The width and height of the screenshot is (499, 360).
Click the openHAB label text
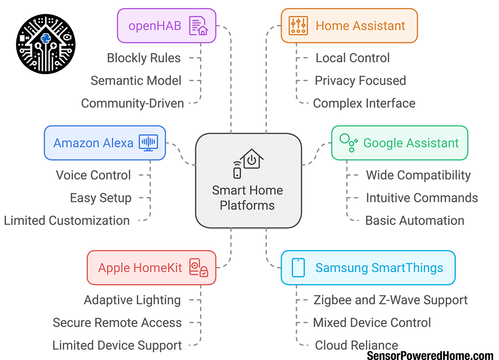tap(155, 26)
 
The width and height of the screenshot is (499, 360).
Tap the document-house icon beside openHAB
tap(198, 26)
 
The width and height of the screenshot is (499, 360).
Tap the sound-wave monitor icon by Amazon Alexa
tap(148, 143)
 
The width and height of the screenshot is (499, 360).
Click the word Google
tap(382, 143)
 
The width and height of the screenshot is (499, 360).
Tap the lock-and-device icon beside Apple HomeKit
tap(199, 268)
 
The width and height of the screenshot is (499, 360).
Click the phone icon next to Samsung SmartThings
tap(298, 267)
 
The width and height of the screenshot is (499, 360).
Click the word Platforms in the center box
tap(247, 205)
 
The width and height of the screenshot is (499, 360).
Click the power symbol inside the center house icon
tap(251, 160)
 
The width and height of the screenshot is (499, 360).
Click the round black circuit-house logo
tap(45, 41)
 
